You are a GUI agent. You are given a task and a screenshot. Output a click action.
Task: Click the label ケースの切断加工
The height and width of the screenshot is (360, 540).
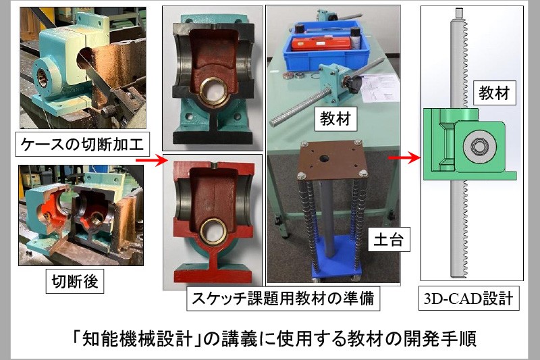pos(82,144)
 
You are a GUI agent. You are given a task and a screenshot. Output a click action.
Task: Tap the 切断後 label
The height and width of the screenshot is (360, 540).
pos(75,281)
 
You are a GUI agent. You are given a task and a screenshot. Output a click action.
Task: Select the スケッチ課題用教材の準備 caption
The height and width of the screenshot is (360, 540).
pos(283,298)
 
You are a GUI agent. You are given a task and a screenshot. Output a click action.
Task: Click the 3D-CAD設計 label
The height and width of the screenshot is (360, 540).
pos(468,298)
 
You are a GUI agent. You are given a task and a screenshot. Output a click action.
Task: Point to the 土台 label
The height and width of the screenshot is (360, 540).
pos(389,239)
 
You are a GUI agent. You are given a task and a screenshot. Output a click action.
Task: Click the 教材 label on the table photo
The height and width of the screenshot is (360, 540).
pos(335,118)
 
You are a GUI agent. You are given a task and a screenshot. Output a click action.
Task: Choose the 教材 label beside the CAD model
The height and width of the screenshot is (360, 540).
pos(495,93)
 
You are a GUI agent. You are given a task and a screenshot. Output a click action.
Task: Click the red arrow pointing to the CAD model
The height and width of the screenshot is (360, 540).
pos(404,158)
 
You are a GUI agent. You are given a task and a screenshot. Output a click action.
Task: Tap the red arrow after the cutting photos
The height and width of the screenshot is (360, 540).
pos(151,160)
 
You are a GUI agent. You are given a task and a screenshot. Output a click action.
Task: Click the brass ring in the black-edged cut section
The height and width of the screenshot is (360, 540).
pos(213,91)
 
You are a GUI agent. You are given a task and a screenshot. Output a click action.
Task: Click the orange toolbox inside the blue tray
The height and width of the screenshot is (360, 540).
pos(321,44)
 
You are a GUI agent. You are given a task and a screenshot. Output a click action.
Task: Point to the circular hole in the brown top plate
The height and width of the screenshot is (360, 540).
pos(324,159)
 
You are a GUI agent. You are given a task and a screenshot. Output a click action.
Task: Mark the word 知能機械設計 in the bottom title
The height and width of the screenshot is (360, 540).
pos(138,338)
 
